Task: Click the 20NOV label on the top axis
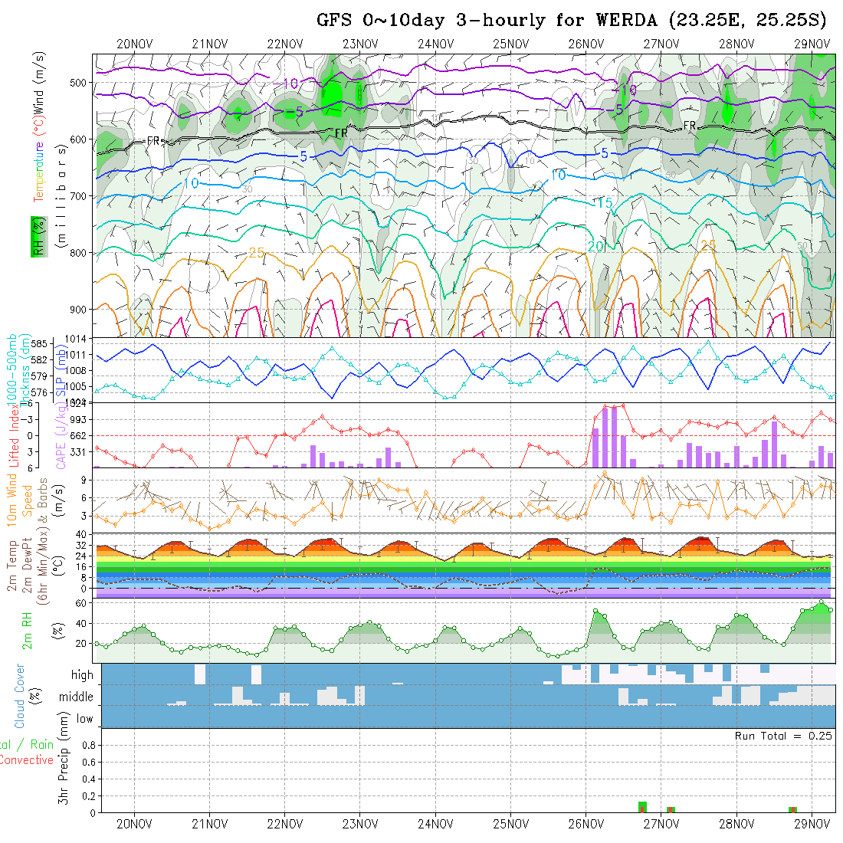(134, 44)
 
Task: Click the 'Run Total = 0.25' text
(783, 736)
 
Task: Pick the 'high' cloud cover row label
(82, 675)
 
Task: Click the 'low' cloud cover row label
(84, 719)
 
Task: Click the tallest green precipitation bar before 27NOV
(642, 807)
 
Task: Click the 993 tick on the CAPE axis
(81, 419)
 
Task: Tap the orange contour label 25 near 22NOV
(257, 253)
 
